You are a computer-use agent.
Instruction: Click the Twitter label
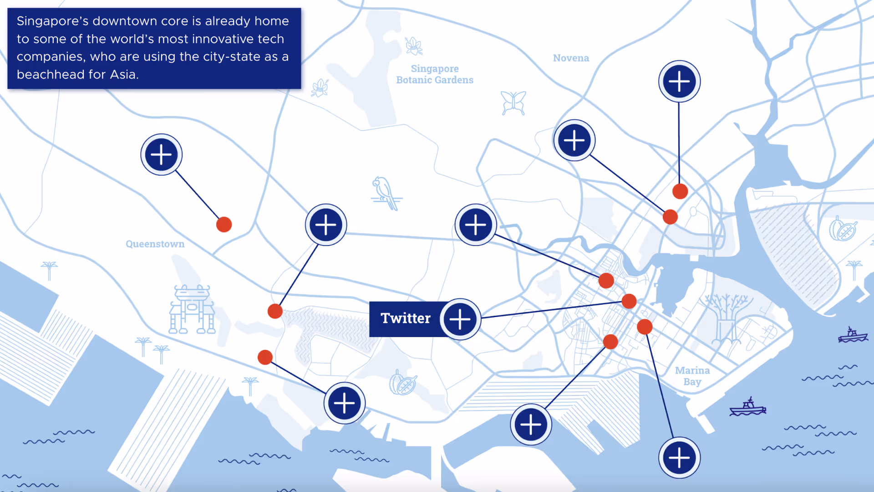click(x=405, y=318)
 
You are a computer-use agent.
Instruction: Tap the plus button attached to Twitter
click(x=460, y=319)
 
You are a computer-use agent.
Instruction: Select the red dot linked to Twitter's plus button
click(x=629, y=301)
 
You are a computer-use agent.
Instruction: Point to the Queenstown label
click(x=155, y=244)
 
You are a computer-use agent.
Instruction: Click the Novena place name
click(x=571, y=58)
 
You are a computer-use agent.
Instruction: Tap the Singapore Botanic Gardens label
click(x=435, y=74)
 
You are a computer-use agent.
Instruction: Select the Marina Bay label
click(x=692, y=376)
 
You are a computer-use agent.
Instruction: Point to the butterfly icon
click(x=513, y=102)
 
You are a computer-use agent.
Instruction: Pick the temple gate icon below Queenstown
click(x=192, y=310)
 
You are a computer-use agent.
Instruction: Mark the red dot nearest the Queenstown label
click(x=224, y=225)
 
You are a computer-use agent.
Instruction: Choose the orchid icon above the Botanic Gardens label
click(x=414, y=46)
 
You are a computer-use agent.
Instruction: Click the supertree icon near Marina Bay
click(x=726, y=319)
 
